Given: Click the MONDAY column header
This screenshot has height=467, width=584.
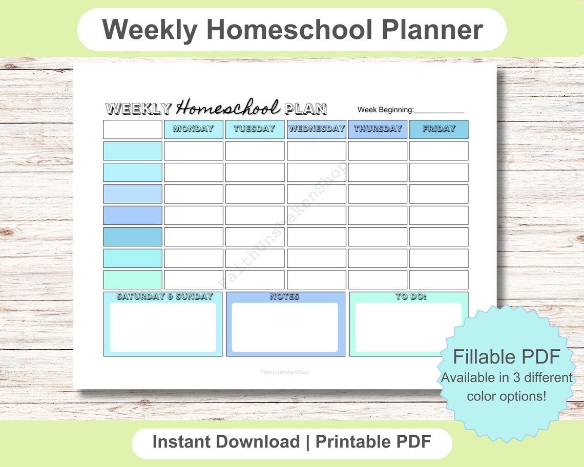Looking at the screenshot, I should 193,129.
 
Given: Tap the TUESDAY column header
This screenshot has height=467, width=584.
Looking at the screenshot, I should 255,129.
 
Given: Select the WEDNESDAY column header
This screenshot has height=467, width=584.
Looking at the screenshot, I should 316,129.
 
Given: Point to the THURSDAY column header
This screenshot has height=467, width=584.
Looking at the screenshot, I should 378,129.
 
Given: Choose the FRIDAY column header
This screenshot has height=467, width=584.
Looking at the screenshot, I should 439,129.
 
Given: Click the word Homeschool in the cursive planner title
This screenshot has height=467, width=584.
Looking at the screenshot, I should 228,108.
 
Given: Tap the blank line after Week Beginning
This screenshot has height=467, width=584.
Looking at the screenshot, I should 439,110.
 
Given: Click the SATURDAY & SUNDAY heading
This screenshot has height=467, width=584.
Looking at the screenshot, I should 164,296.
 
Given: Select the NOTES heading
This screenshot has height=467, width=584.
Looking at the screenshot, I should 284,296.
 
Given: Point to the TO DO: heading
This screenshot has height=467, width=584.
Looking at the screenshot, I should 411,296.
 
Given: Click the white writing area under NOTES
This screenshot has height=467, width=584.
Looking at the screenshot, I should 284,327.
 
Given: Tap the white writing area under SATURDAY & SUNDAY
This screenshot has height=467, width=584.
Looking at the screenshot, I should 163,327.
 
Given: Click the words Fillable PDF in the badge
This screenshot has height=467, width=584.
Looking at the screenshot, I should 506,356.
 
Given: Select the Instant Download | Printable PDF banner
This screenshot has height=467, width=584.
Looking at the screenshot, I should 291,442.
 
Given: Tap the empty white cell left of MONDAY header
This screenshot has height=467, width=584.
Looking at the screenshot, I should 133,130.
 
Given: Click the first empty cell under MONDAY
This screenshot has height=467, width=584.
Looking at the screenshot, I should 193,151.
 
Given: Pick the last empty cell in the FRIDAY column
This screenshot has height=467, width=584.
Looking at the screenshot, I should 439,280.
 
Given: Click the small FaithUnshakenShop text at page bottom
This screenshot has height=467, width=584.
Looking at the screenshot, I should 285,372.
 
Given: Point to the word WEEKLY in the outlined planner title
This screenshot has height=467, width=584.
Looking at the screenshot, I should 138,109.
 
